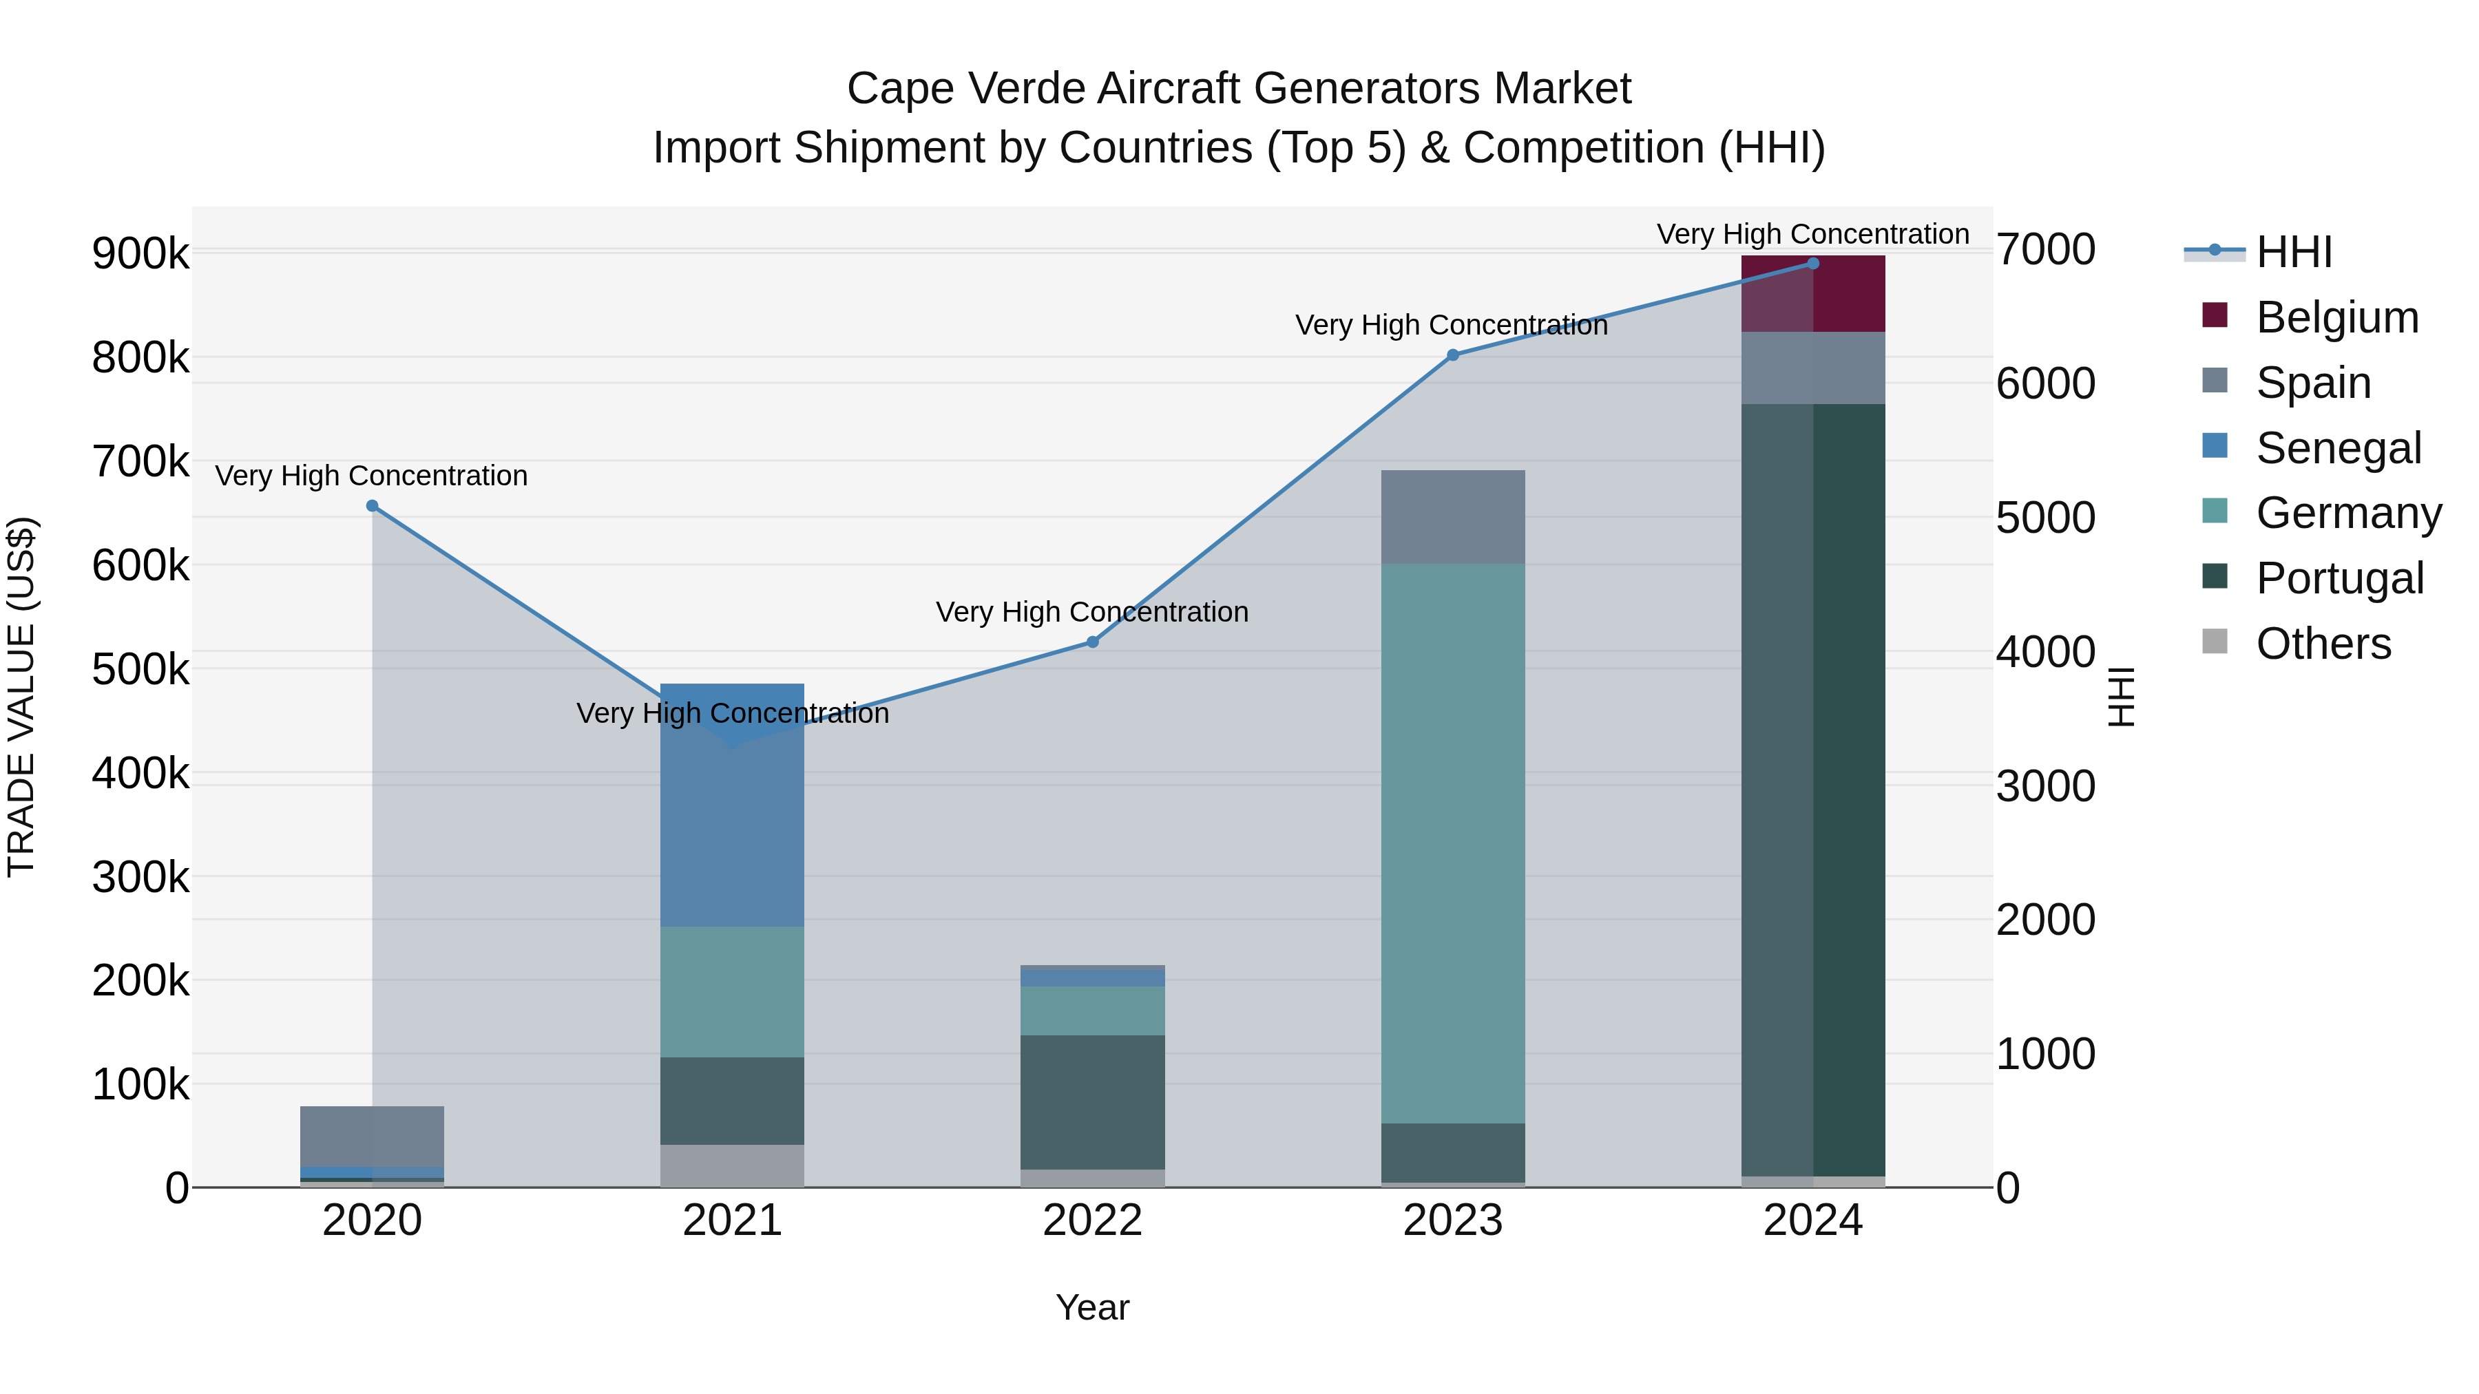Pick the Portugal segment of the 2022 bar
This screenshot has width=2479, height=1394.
(x=1092, y=1103)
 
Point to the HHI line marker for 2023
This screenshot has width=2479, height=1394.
(x=1453, y=355)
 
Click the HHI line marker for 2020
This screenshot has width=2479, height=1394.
(x=373, y=506)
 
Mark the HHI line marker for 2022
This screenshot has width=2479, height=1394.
(x=1092, y=642)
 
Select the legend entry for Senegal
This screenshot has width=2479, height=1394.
(x=2338, y=448)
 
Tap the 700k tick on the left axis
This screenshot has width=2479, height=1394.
(x=140, y=462)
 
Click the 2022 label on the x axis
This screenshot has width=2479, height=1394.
(x=1092, y=1221)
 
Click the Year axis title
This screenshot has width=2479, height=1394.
(x=1092, y=1307)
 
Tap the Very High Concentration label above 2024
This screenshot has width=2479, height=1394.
(x=1812, y=234)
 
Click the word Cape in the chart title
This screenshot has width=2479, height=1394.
(x=900, y=89)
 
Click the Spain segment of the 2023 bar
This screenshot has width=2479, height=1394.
(x=1452, y=516)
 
